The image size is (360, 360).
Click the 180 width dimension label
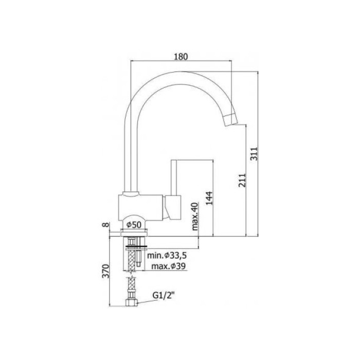pos(181,57)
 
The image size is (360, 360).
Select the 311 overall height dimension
pos(254,154)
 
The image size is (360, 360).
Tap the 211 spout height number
pos(242,180)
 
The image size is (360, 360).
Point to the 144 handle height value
pos(209,198)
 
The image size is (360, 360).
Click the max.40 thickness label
pos(194,217)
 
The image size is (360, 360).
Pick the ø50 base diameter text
pos(134,225)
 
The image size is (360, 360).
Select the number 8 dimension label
pos(105,225)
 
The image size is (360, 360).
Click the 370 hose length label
pos(105,271)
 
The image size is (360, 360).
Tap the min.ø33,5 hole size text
pos(167,255)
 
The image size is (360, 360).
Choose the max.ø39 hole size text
pos(169,266)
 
